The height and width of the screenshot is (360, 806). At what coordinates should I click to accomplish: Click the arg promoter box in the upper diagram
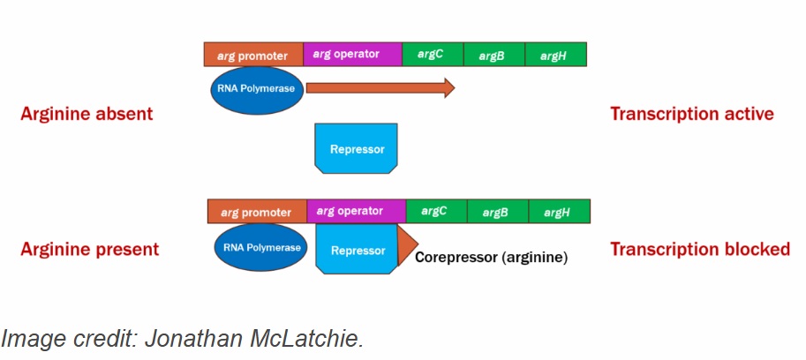pos(253,55)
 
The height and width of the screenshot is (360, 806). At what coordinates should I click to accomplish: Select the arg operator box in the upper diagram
pos(352,55)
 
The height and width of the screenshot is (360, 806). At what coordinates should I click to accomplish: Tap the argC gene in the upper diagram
pos(433,55)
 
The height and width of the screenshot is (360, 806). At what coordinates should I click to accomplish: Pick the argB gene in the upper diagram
pos(493,55)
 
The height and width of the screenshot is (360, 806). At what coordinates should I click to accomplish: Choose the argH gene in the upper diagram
pos(555,55)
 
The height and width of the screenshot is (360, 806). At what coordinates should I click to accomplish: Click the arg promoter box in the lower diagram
pos(257,212)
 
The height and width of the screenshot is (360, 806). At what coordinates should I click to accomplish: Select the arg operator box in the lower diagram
pos(356,212)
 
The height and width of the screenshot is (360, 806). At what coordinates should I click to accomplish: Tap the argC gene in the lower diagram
pos(436,212)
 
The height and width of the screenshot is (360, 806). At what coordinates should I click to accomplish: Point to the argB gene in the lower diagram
pos(497,212)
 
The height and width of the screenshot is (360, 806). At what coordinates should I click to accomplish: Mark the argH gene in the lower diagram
pos(559,212)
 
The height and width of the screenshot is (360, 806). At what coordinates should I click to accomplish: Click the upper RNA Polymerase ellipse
pos(256,88)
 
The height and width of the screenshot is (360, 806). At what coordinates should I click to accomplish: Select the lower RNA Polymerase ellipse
pos(260,246)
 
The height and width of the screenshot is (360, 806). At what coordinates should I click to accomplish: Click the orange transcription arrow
pos(380,88)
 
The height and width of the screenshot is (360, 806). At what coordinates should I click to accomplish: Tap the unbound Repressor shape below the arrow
pos(357,148)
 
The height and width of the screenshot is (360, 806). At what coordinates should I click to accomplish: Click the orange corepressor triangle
pos(406,246)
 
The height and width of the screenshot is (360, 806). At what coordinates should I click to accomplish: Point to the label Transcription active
pos(691,114)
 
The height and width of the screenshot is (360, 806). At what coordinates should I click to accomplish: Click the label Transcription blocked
pos(699,250)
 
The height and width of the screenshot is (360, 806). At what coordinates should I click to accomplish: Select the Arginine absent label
pos(87,114)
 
